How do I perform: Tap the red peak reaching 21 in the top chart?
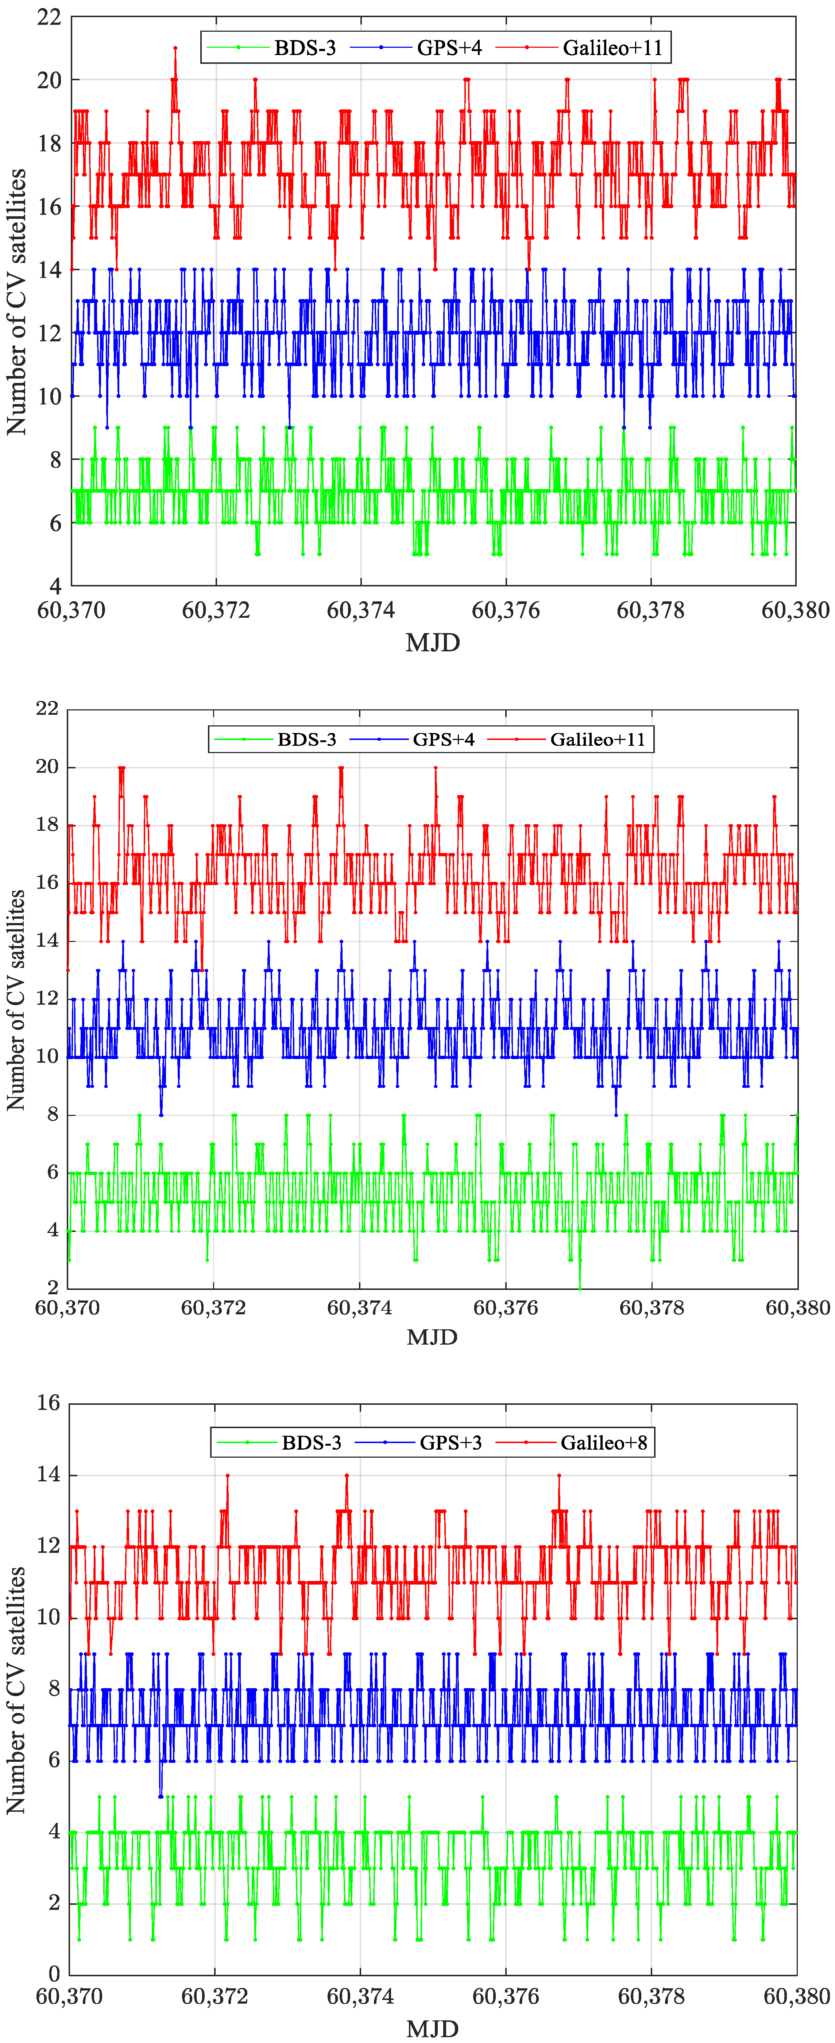point(175,49)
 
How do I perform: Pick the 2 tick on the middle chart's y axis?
point(52,1287)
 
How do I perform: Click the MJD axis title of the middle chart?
point(432,1337)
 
